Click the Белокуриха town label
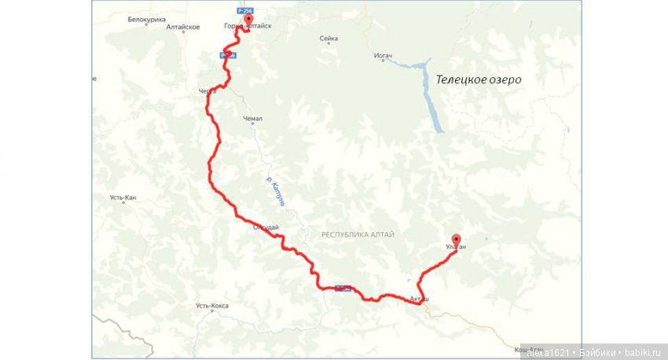pos(147,19)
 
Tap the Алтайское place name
pos(183,27)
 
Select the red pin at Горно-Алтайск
pos(248,19)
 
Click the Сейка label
pos(328,39)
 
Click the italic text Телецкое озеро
pos(479,80)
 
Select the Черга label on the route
pos(207,92)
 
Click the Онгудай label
pos(266,228)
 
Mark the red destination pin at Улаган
pos(456,239)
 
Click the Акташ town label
pos(420,299)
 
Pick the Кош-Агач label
pos(519,348)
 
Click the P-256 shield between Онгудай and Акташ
pos(342,288)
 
